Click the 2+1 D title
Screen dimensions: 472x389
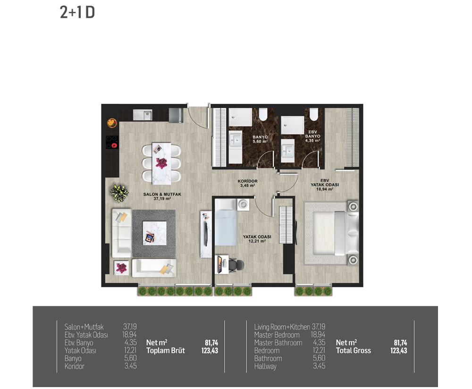(x=77, y=13)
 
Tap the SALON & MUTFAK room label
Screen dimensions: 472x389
(x=162, y=196)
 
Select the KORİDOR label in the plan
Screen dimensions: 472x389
(x=247, y=183)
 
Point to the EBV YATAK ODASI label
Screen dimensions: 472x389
(x=325, y=185)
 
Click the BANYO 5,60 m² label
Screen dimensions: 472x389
(x=260, y=139)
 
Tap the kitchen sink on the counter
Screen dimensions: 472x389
(x=143, y=114)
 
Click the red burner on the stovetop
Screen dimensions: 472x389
(x=114, y=146)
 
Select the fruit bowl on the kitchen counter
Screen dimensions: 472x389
(x=112, y=123)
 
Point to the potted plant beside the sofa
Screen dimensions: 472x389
(x=119, y=193)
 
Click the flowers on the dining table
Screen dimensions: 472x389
(x=161, y=163)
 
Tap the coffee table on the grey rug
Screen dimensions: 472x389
(x=154, y=233)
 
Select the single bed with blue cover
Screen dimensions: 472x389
(x=226, y=223)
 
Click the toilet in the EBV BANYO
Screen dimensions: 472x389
(x=314, y=114)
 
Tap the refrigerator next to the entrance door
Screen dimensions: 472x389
(x=176, y=115)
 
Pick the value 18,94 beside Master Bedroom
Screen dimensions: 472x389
(x=318, y=335)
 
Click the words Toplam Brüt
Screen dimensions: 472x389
(x=166, y=350)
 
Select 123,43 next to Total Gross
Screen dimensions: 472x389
(x=398, y=350)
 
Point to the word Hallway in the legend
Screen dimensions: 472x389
(x=265, y=366)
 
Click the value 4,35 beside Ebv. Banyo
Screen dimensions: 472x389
(x=131, y=342)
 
